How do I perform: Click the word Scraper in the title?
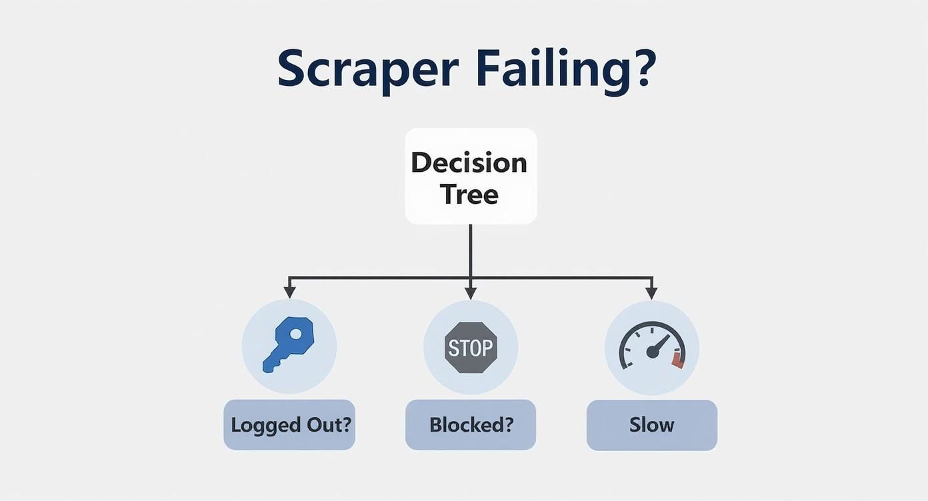[367, 68]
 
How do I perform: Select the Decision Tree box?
[471, 176]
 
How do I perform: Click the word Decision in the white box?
[469, 163]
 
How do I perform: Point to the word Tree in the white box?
[469, 195]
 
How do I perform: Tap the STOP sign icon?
[471, 347]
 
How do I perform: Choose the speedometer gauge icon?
[651, 346]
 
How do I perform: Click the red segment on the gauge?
[678, 360]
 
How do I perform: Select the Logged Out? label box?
[289, 425]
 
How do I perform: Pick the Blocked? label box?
[471, 425]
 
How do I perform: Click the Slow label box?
[651, 425]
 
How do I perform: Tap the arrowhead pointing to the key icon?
[289, 292]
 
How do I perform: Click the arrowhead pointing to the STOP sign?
[471, 292]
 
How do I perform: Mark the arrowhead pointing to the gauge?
[651, 292]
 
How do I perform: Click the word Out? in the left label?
[328, 425]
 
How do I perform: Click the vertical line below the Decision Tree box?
[471, 250]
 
